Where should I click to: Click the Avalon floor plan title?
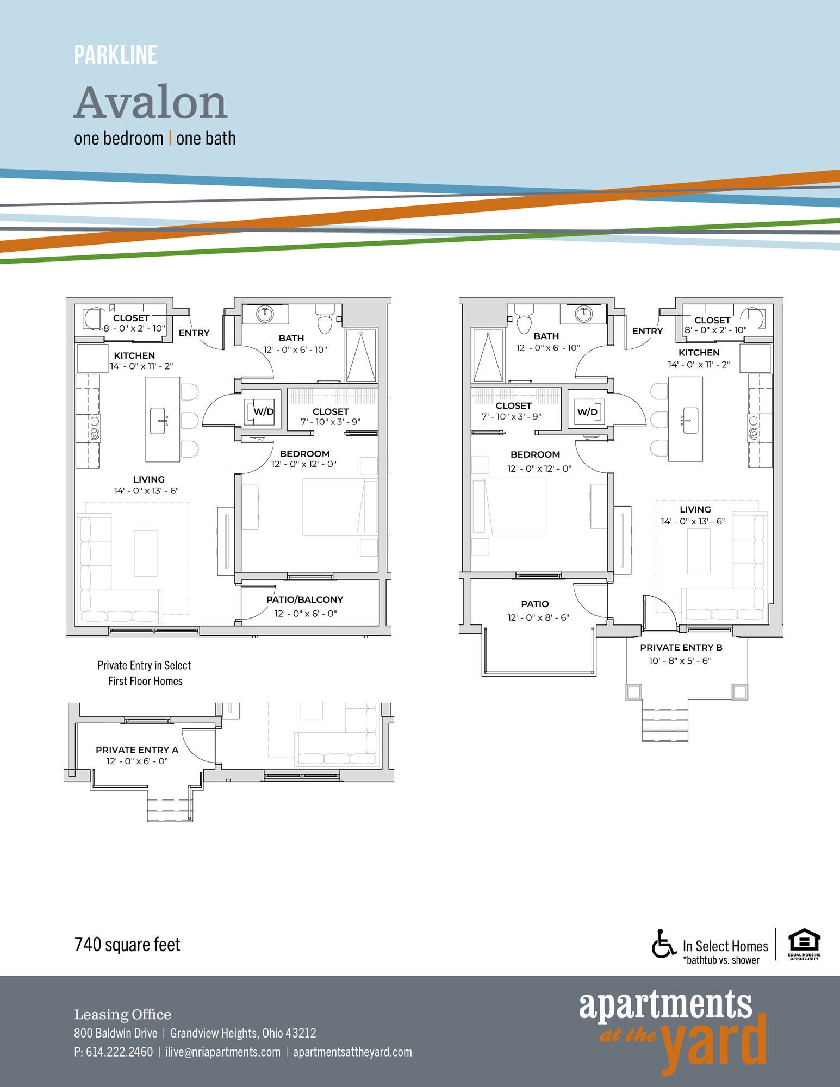151,103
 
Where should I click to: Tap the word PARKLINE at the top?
115,55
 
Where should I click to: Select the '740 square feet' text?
127,945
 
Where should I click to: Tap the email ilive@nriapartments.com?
223,1052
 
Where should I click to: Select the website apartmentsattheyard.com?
352,1052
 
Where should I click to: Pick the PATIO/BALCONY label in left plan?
304,599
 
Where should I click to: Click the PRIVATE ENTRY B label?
681,647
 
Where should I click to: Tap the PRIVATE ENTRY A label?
137,749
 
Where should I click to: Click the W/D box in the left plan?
263,411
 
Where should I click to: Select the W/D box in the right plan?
587,411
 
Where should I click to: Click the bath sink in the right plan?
584,314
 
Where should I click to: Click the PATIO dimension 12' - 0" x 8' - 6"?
538,617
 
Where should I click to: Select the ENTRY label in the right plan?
648,330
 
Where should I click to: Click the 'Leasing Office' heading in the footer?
122,1015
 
